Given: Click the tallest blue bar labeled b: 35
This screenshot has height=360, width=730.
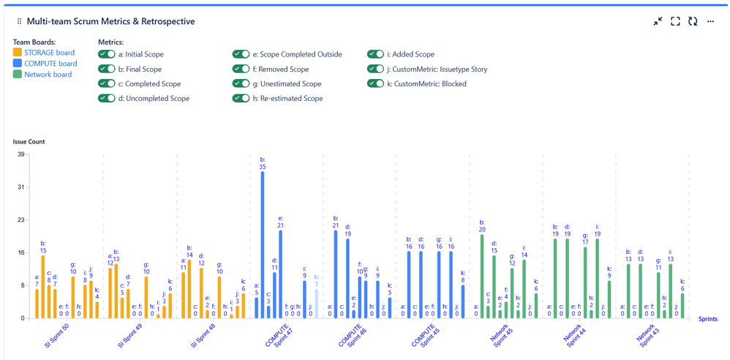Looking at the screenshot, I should point(263,245).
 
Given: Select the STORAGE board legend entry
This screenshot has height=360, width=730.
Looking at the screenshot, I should point(49,53).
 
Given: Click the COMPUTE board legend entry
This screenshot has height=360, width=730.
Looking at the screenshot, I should point(50,64).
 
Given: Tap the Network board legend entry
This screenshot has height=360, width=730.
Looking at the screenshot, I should point(48,75).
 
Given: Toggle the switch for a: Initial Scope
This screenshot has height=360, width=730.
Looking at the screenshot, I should point(107,54).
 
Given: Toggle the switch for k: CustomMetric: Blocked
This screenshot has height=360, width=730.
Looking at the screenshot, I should point(376,83).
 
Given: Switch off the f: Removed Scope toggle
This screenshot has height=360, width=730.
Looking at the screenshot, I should point(241,69).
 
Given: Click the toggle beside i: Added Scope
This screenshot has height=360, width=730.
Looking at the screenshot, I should point(376,54).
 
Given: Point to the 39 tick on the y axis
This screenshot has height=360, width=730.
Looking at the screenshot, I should point(20,154).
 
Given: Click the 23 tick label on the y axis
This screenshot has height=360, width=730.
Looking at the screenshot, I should point(20,220).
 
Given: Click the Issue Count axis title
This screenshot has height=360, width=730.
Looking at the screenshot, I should point(29,140).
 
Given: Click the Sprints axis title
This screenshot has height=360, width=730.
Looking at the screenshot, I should point(707,319).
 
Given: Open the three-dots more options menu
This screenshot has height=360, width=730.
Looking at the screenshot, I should point(710,22).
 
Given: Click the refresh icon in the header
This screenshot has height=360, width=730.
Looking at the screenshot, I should point(693,22).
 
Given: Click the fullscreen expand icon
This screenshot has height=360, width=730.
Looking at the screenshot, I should point(675,22).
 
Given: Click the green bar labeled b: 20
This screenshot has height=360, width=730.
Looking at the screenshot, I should point(482,277).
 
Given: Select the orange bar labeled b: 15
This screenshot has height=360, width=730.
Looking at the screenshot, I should point(43,287).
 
